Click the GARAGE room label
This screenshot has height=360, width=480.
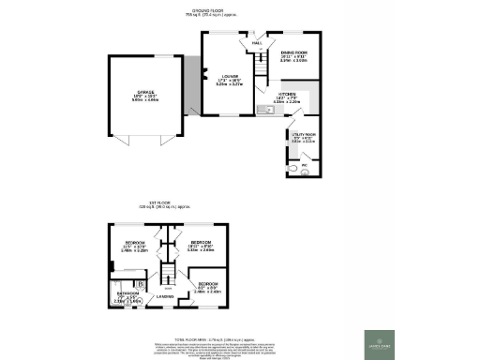point(143,93)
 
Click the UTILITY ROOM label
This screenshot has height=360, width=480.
point(302,136)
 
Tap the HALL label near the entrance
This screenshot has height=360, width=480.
point(256,43)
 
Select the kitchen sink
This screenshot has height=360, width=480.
point(262,110)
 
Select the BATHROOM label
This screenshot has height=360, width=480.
point(128,294)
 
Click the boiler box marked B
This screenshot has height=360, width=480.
point(141,282)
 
